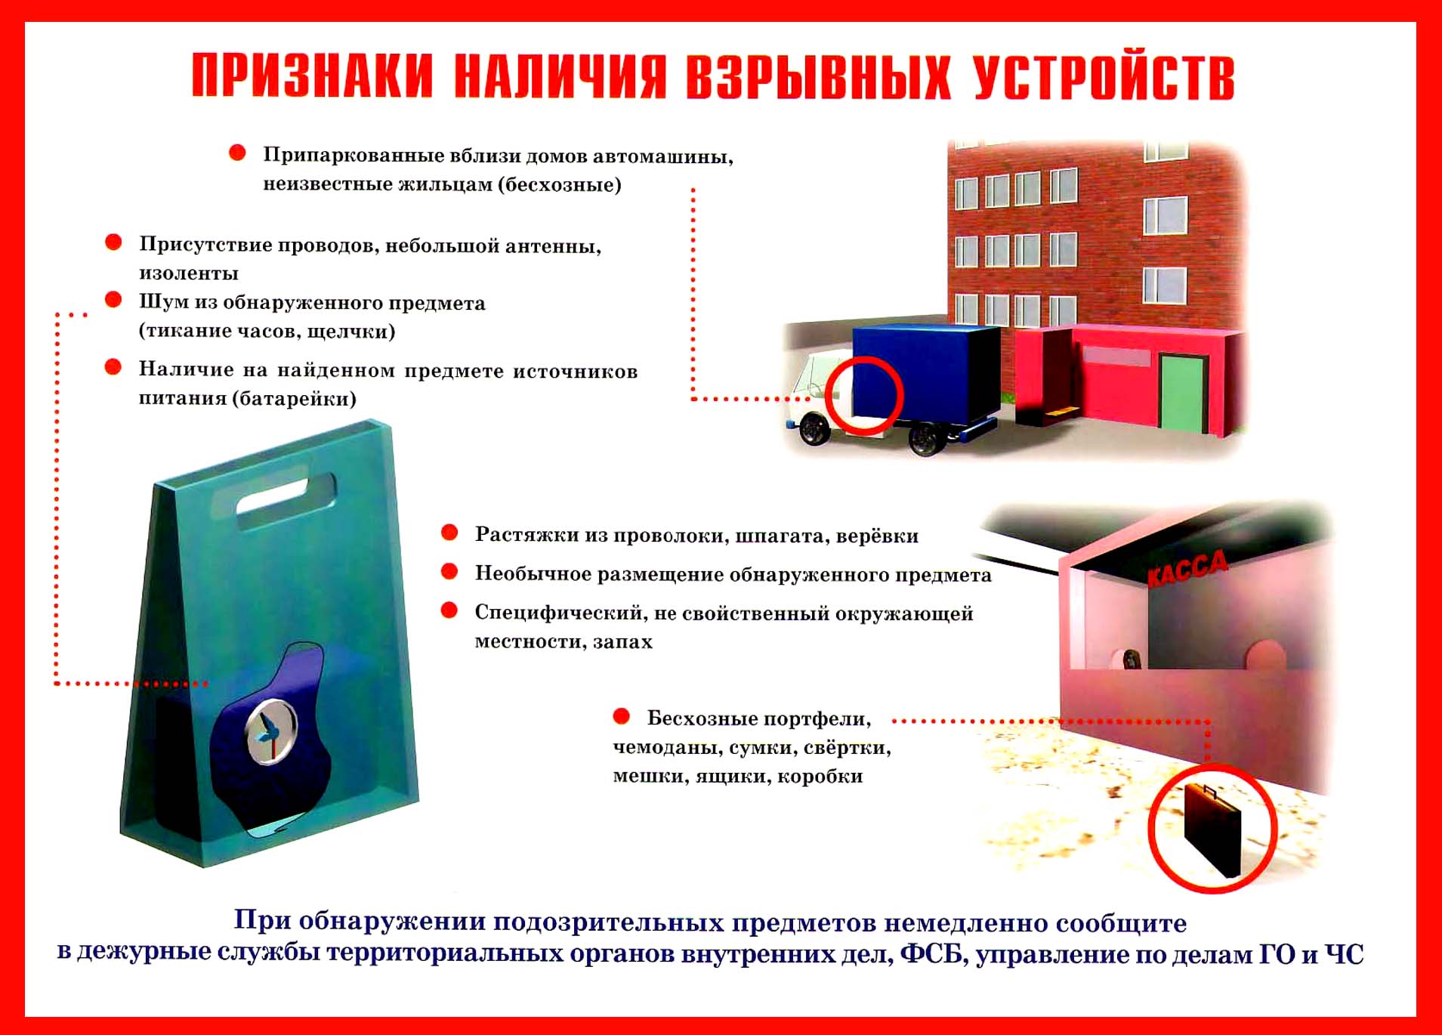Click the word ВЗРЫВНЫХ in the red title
click(817, 77)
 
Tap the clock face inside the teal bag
click(270, 731)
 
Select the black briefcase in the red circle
click(1212, 829)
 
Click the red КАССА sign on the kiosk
click(1187, 568)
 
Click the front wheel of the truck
click(814, 428)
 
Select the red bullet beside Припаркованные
click(237, 153)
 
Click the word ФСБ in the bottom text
click(932, 955)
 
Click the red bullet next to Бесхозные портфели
click(622, 715)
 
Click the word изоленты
click(189, 273)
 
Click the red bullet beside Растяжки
click(449, 533)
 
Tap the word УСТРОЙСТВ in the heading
click(1104, 77)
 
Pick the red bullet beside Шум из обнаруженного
click(113, 300)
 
